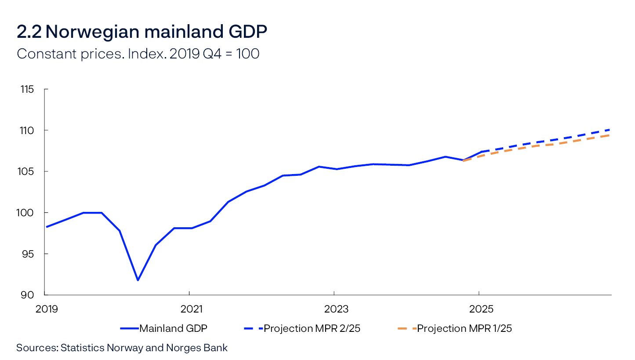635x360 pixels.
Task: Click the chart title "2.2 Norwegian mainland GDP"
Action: tap(142, 32)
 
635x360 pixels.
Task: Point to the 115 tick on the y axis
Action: tap(27, 89)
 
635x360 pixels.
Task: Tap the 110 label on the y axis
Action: tap(27, 131)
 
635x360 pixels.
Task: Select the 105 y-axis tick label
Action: tap(27, 171)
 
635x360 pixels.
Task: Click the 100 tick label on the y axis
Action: tap(27, 213)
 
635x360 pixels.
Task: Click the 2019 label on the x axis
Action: tap(46, 309)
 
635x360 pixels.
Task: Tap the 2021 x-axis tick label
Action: tap(192, 309)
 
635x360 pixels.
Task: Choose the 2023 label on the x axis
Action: tap(336, 309)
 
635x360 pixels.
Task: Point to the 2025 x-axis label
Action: tap(481, 309)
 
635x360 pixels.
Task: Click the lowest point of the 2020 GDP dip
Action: tap(138, 280)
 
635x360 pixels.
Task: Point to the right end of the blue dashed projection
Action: tap(611, 130)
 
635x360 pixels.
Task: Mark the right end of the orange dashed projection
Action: tap(611, 135)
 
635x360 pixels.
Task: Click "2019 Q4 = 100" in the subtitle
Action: tap(214, 54)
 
